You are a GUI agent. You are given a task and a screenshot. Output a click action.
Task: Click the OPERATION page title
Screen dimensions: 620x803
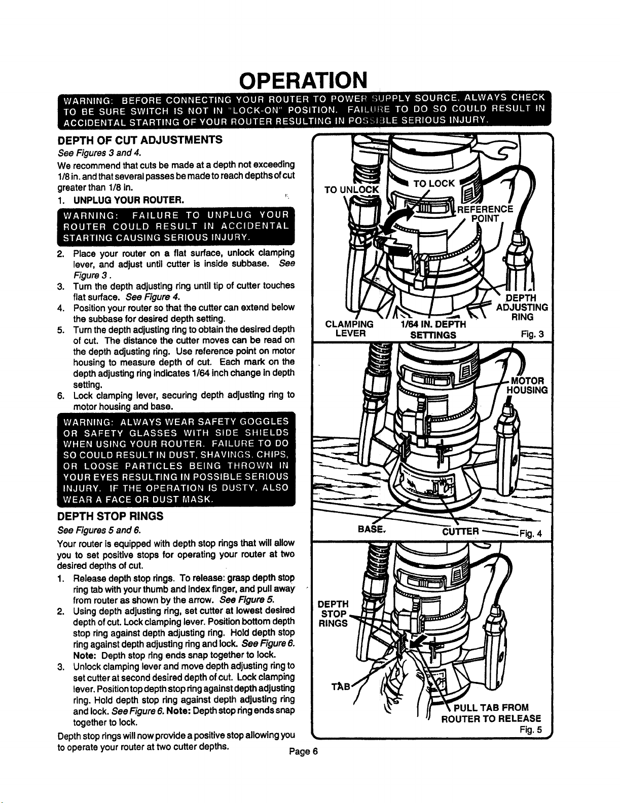(x=303, y=80)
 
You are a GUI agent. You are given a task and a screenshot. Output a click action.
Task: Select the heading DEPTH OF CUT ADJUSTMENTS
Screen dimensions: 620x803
(x=140, y=140)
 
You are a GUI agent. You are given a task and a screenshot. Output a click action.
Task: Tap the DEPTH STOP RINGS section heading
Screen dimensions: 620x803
(x=110, y=516)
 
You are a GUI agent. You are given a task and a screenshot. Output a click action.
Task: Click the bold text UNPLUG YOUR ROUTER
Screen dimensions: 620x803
(x=129, y=200)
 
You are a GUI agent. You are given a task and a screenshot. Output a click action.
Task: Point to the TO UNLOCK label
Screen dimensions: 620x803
(x=352, y=190)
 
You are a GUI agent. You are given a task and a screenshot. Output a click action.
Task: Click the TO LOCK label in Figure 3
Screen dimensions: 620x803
(x=433, y=184)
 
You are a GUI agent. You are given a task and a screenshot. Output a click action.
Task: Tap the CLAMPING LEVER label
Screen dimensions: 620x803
(x=349, y=329)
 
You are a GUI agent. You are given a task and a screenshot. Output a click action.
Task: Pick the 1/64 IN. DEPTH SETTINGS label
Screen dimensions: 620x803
(x=433, y=330)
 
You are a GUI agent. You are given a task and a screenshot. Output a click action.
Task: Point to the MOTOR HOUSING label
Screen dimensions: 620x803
(x=527, y=386)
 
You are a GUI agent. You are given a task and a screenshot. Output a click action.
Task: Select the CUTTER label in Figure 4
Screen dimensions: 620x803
(x=461, y=531)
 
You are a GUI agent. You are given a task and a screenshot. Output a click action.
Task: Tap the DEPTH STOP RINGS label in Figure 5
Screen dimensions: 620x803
(x=334, y=614)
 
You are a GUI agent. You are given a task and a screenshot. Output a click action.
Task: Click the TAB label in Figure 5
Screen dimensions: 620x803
(x=341, y=686)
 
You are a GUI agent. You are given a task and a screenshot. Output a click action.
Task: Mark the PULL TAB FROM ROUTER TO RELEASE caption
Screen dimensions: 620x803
(x=491, y=713)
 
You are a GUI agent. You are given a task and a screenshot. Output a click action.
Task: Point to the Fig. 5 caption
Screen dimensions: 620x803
(x=531, y=730)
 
